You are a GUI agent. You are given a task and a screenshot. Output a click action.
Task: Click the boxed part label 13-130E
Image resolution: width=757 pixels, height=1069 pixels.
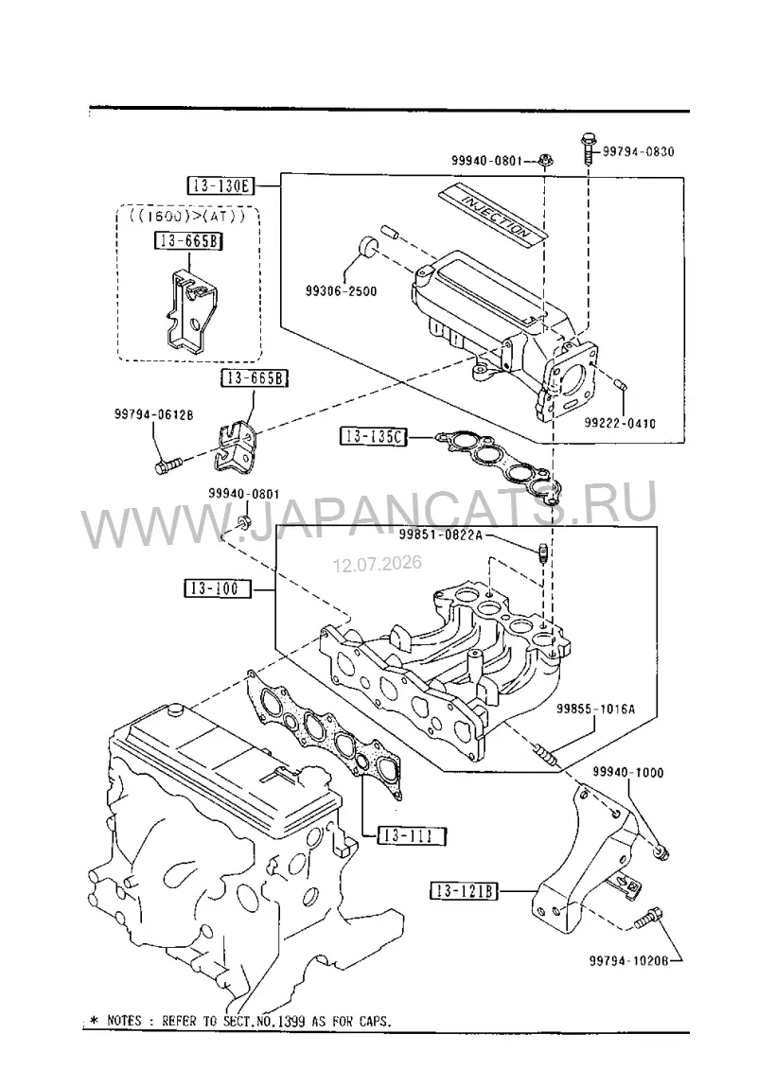[220, 185]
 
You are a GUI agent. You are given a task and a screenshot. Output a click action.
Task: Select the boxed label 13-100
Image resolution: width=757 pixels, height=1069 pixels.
[217, 587]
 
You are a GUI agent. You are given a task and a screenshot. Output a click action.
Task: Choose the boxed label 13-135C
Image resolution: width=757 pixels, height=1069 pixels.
[374, 436]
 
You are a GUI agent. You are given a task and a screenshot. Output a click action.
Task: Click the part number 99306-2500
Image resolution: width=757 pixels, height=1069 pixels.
[341, 291]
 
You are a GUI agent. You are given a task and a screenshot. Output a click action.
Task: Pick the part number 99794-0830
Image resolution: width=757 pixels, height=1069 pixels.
[638, 151]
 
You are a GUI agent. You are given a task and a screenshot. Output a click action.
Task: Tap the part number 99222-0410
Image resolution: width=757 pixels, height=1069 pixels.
[620, 424]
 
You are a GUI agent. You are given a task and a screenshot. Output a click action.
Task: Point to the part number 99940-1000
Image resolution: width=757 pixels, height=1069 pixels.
[627, 773]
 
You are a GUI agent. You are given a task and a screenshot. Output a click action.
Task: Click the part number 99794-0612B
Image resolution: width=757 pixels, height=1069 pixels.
[154, 413]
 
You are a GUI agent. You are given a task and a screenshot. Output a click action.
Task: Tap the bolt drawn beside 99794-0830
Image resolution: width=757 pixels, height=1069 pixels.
[588, 149]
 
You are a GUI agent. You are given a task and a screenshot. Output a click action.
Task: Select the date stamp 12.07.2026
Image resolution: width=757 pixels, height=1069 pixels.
[378, 564]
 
